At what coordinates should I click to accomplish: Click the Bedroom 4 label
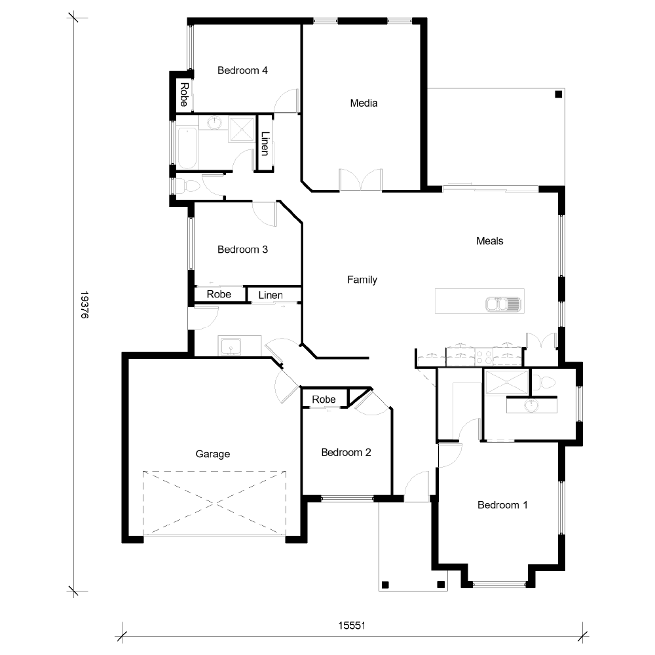242,71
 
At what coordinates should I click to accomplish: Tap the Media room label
364,103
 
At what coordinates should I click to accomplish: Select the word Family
362,280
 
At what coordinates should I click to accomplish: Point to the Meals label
490,241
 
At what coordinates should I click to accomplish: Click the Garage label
213,453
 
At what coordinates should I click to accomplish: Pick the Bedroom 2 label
346,453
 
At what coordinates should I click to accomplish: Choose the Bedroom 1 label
502,505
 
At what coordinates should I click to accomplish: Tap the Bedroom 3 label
242,250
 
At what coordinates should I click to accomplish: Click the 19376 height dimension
84,305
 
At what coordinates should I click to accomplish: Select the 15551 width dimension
351,626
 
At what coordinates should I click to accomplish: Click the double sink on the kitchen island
502,304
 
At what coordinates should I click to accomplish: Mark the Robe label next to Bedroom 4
184,94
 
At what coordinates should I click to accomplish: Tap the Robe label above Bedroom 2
324,399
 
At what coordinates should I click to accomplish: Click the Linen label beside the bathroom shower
265,143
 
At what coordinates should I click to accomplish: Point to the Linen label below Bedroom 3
271,295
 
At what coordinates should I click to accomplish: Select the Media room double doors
360,180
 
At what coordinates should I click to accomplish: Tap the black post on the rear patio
558,95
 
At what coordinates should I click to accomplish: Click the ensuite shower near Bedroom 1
506,383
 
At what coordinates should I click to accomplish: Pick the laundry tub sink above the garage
231,346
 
